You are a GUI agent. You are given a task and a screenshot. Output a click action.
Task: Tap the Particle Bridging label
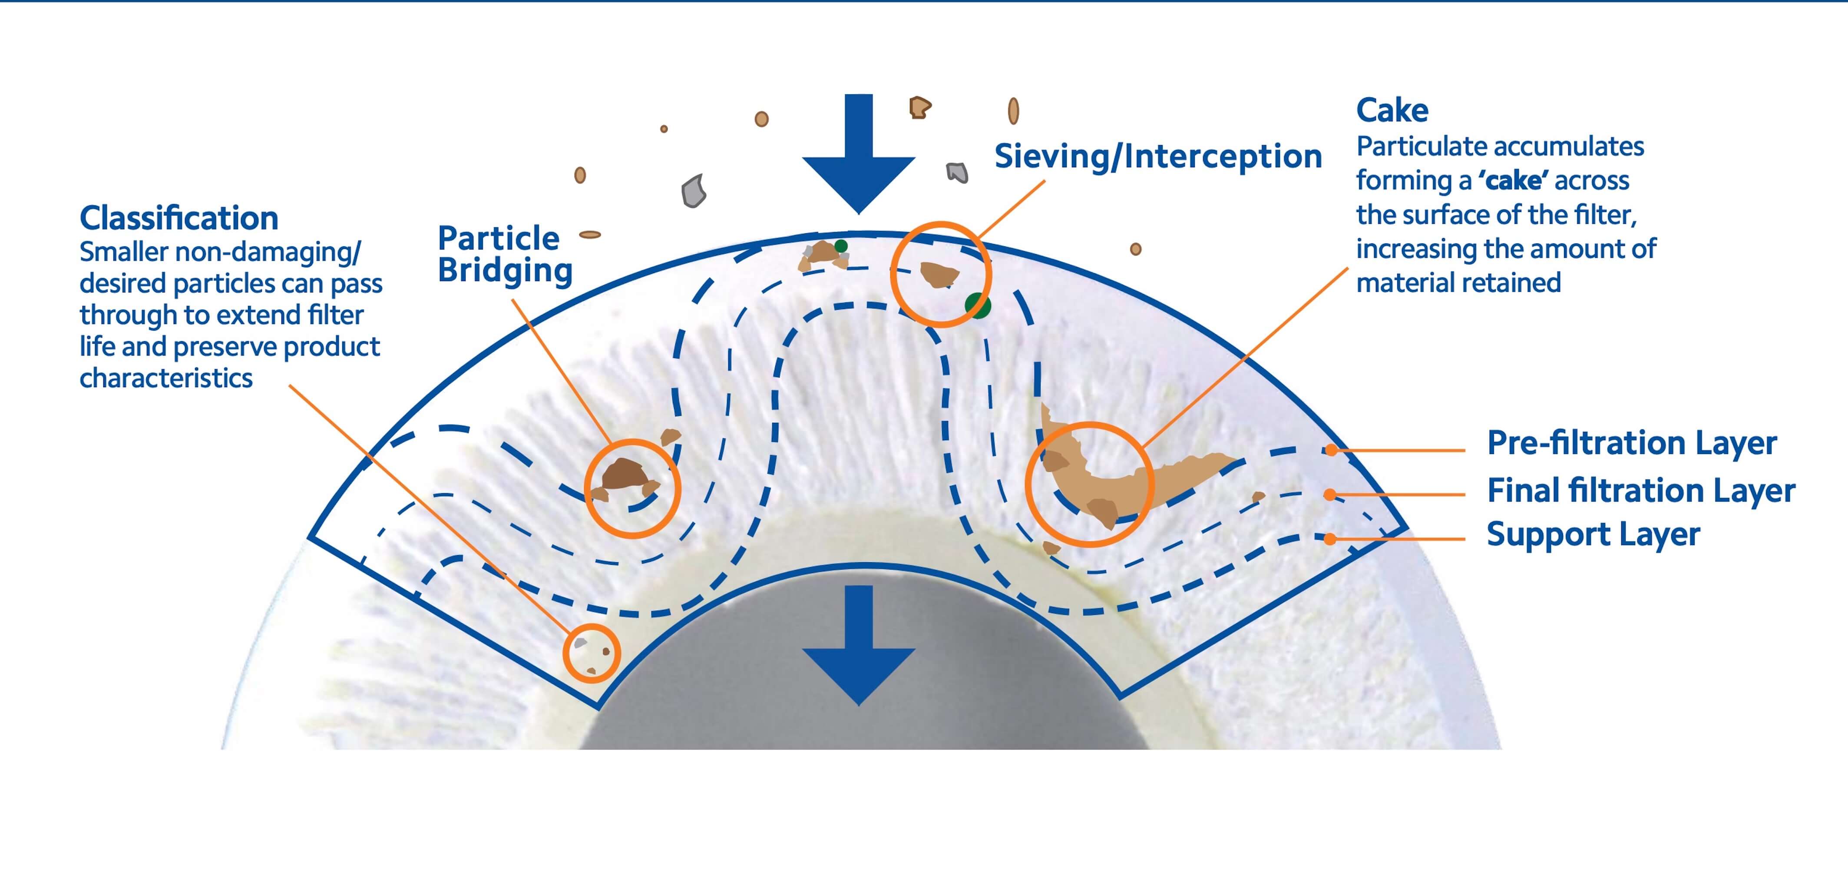tap(505, 255)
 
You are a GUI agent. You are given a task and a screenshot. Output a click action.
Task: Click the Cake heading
tap(1392, 110)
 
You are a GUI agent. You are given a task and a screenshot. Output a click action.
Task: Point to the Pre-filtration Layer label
tap(1631, 443)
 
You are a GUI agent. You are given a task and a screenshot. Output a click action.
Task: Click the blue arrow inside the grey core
tap(858, 645)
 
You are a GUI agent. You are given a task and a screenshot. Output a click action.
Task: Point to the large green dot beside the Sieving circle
tap(978, 306)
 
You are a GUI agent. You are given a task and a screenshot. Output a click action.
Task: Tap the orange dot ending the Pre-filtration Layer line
tap(1331, 451)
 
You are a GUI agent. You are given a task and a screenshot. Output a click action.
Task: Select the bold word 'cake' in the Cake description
tap(1513, 181)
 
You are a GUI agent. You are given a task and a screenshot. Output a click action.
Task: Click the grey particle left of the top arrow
tap(694, 191)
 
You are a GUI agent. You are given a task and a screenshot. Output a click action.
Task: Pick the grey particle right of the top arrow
tap(957, 172)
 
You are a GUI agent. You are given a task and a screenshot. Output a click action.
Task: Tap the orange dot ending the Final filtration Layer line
tap(1329, 494)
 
